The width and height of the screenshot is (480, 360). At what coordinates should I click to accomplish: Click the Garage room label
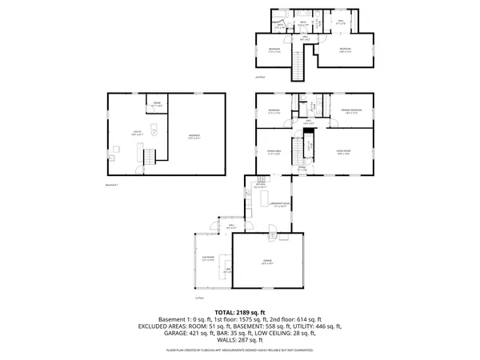pos(266,262)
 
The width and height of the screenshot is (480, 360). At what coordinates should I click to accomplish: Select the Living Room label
pos(342,151)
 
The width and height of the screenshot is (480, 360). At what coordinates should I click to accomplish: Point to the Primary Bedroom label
pos(352,110)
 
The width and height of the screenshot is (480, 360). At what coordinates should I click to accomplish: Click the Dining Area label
pos(274,151)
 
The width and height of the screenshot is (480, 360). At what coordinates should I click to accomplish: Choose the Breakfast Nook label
pos(280,205)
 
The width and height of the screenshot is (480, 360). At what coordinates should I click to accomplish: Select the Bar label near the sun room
pos(227,270)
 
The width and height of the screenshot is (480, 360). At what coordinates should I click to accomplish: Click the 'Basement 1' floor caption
pos(112,185)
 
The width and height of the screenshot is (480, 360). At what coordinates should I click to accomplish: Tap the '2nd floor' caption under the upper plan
pos(259,77)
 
